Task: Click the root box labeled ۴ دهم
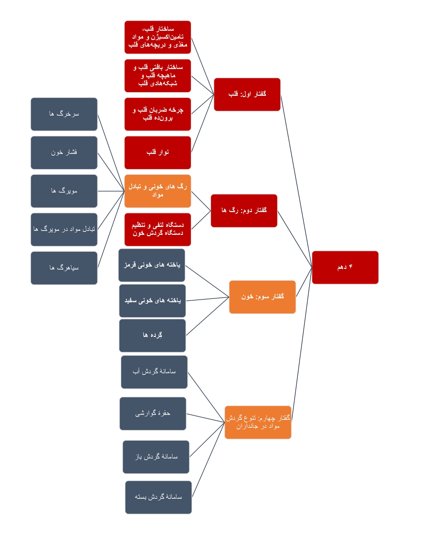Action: tap(345, 267)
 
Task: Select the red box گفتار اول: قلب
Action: tap(247, 94)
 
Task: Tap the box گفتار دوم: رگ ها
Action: tap(244, 211)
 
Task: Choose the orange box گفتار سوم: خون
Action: tap(262, 297)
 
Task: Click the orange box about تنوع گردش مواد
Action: tap(258, 422)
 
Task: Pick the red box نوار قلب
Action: tap(158, 153)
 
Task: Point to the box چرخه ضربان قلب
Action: tap(158, 114)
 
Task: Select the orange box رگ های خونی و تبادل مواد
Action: tap(158, 191)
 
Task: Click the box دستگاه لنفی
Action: tap(158, 230)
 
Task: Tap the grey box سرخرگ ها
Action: tap(64, 114)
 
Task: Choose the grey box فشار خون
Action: tap(64, 153)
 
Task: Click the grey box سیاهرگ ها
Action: tap(64, 268)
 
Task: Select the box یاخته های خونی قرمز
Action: tap(152, 265)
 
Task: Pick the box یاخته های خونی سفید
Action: tap(153, 301)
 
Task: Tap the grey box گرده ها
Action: tap(153, 336)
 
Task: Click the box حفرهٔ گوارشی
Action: tap(153, 414)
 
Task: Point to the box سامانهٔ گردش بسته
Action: tap(158, 497)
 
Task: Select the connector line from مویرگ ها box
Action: tap(111, 191)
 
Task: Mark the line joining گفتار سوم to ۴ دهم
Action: tap(304, 282)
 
